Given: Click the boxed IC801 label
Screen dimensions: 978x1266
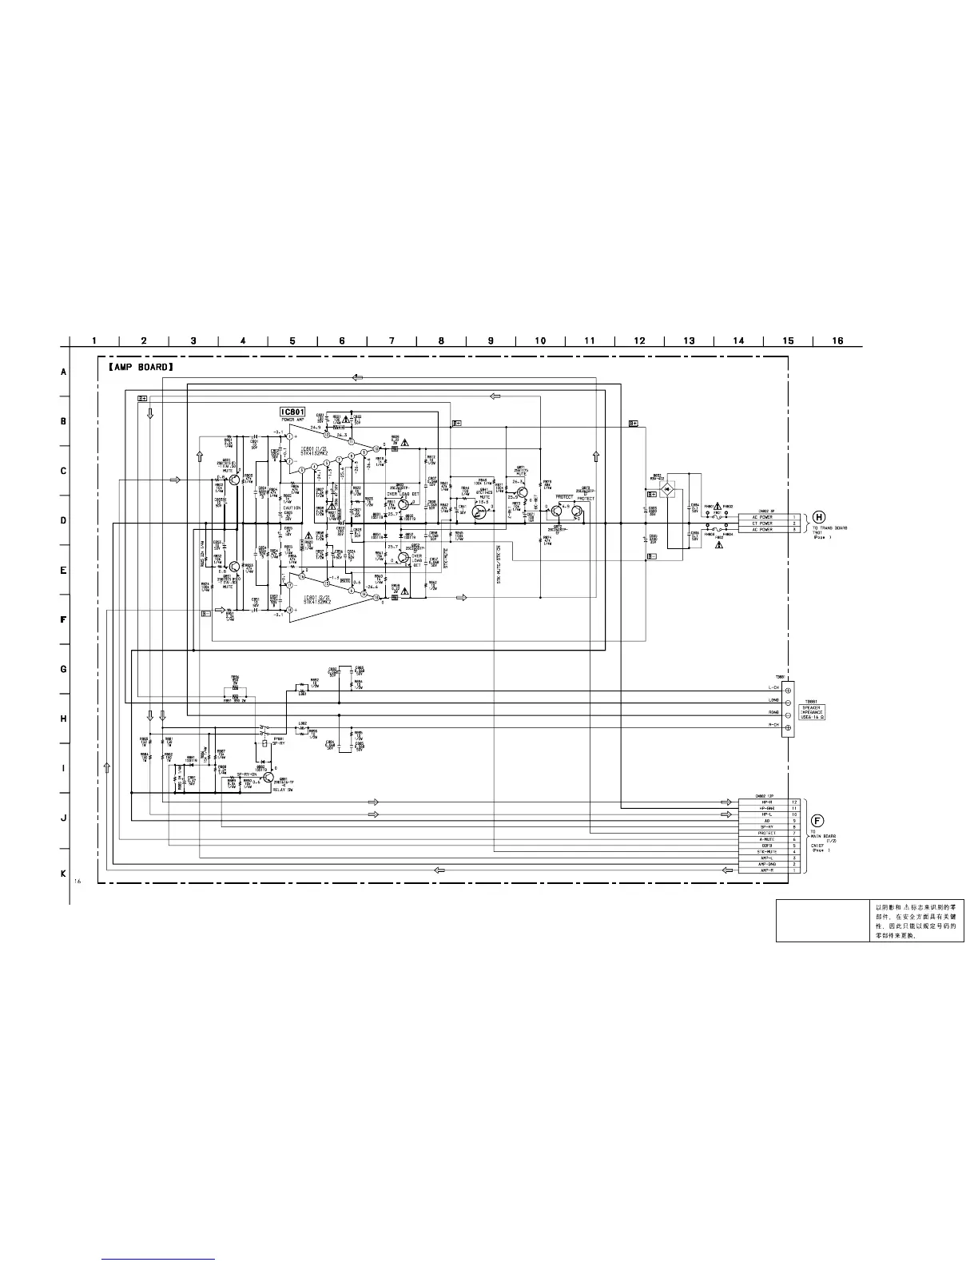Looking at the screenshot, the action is click(x=292, y=412).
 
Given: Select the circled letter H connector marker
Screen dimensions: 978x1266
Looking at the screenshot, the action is click(x=818, y=516).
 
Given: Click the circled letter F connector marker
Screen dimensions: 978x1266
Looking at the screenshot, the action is click(x=817, y=820).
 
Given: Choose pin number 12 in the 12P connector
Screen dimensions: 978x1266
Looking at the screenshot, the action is click(x=794, y=802).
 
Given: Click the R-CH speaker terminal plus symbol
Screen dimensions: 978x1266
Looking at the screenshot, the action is click(x=789, y=727).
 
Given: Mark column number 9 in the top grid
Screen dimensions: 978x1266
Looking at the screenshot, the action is click(x=491, y=341).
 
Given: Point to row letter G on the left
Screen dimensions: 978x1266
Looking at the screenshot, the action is click(x=63, y=669).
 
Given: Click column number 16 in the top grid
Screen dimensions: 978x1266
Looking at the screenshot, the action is click(x=837, y=341).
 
